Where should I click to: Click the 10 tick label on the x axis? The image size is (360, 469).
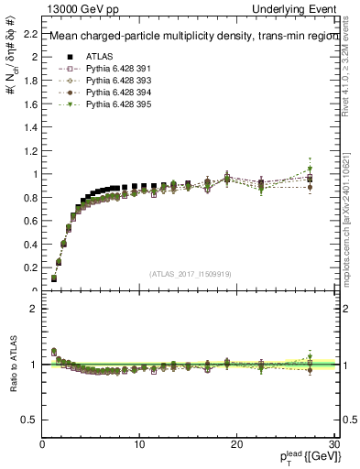(139, 443)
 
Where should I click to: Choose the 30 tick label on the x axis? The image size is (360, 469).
(334, 443)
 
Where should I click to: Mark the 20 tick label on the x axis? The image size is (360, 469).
(237, 443)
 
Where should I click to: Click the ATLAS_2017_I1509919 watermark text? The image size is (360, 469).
(190, 274)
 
